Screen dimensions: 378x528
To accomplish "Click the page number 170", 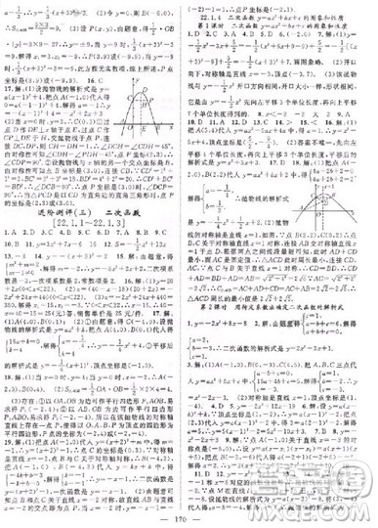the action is (189, 515).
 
